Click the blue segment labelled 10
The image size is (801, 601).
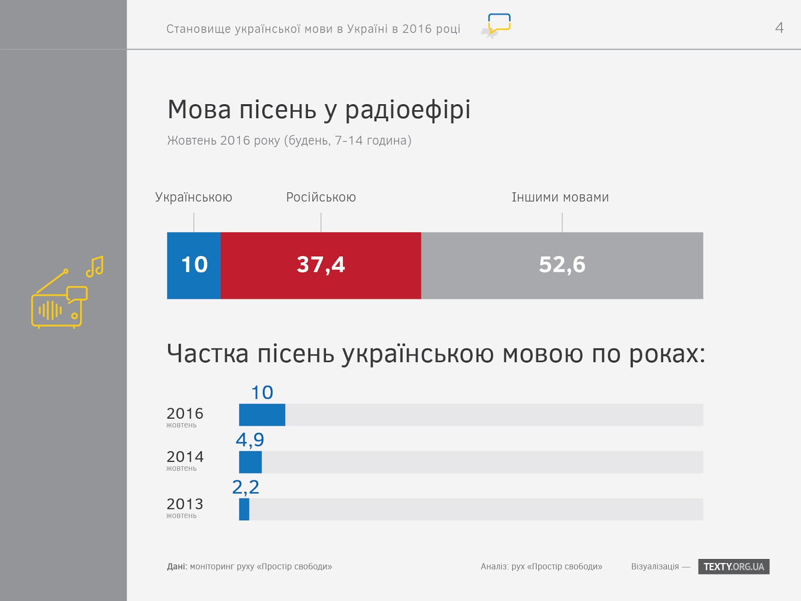194,265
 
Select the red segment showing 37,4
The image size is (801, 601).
320,265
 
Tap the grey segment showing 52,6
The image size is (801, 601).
562,265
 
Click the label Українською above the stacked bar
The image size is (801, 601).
194,197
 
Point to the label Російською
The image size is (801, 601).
321,197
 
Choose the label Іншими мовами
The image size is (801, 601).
560,197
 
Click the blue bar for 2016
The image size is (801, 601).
262,415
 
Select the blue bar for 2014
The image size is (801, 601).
250,462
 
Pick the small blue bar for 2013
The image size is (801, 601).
244,509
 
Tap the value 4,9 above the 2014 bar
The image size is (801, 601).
250,440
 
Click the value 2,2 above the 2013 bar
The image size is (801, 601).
245,487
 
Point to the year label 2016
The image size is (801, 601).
185,414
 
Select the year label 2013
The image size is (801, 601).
185,504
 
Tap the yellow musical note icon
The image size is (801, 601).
95,266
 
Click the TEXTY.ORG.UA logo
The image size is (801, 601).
733,566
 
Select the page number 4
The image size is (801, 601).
779,28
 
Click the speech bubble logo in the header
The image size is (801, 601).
498,24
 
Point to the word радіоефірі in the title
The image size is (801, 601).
408,110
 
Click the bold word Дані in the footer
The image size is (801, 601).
177,566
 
